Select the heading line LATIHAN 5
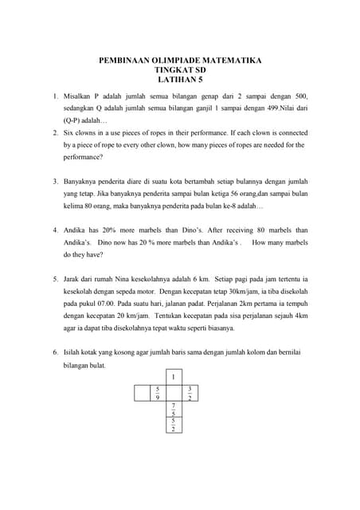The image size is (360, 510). point(179,80)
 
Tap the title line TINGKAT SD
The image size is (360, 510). point(180,69)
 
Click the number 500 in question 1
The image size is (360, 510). point(301,96)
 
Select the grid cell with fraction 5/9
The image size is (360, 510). point(158,392)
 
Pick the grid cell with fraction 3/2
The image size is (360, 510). point(190,392)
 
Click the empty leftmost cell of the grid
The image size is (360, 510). point(142,392)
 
